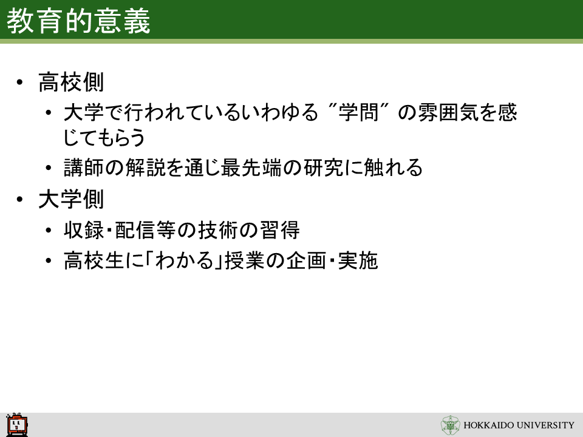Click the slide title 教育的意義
point(78,21)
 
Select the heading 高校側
point(71,82)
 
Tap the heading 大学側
point(71,200)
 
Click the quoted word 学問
point(358,112)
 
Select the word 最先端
point(251,168)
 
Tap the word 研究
point(324,168)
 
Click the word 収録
point(84,230)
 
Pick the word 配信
point(135,230)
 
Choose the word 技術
point(217,230)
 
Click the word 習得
point(279,230)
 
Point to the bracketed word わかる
point(185,260)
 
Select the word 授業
point(244,260)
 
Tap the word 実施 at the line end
point(358,260)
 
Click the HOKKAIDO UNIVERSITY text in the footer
point(519,425)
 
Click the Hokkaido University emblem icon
point(450,425)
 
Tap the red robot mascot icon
point(17,425)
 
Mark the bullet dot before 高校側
point(19,82)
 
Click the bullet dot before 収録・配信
point(49,231)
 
